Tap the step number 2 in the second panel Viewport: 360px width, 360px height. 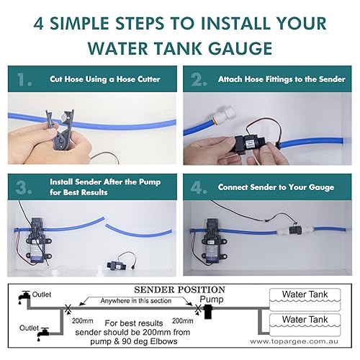point(196,78)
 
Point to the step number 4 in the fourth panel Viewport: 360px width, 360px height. point(197,188)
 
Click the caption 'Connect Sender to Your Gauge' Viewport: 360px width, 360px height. point(276,188)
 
